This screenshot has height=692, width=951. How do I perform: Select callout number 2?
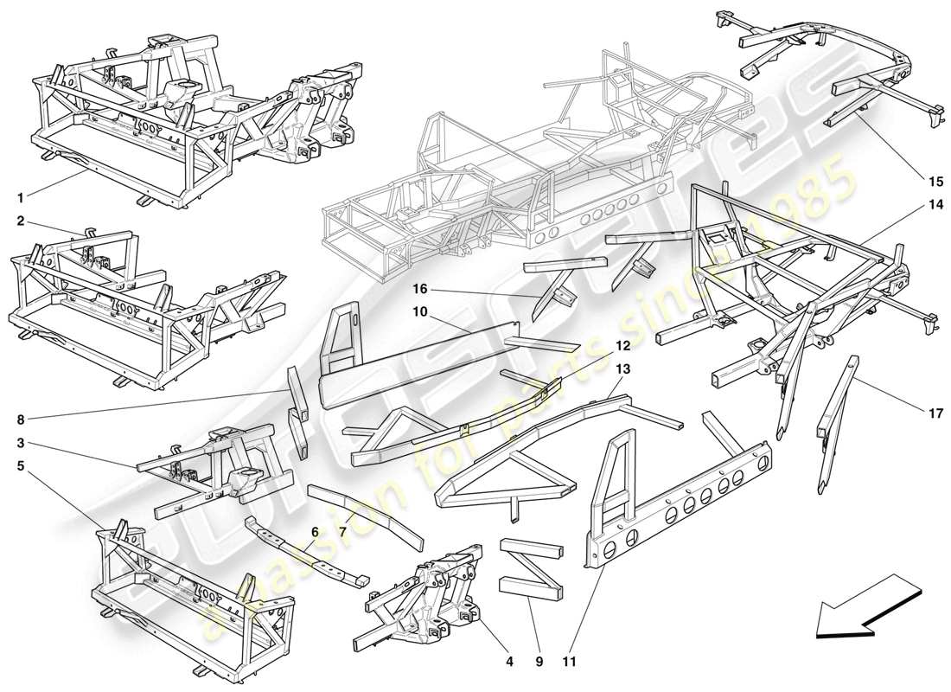(19, 221)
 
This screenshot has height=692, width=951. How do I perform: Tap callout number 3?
(19, 444)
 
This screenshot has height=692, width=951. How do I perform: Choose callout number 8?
(19, 422)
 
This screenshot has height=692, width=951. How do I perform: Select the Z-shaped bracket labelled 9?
(530, 567)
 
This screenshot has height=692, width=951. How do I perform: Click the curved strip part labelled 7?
(367, 510)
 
